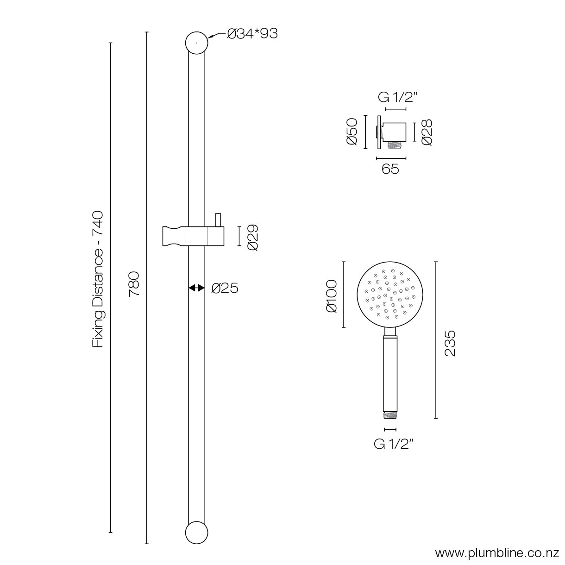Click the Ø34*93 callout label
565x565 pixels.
pyautogui.click(x=252, y=34)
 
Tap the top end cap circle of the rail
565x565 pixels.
pyautogui.click(x=196, y=43)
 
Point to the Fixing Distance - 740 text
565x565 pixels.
pyautogui.click(x=98, y=279)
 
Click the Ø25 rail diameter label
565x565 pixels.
pyautogui.click(x=225, y=288)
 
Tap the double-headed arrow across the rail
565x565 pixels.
pyautogui.click(x=196, y=288)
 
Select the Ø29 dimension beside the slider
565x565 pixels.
pyautogui.click(x=252, y=237)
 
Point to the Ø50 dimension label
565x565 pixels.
pyautogui.click(x=352, y=132)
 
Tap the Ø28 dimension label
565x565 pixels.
pyautogui.click(x=427, y=132)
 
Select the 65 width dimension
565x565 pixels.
pyautogui.click(x=390, y=169)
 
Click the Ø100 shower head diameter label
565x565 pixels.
pyautogui.click(x=332, y=295)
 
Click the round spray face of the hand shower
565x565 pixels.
pyautogui.click(x=390, y=295)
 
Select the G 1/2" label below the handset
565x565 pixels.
pyautogui.click(x=394, y=444)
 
